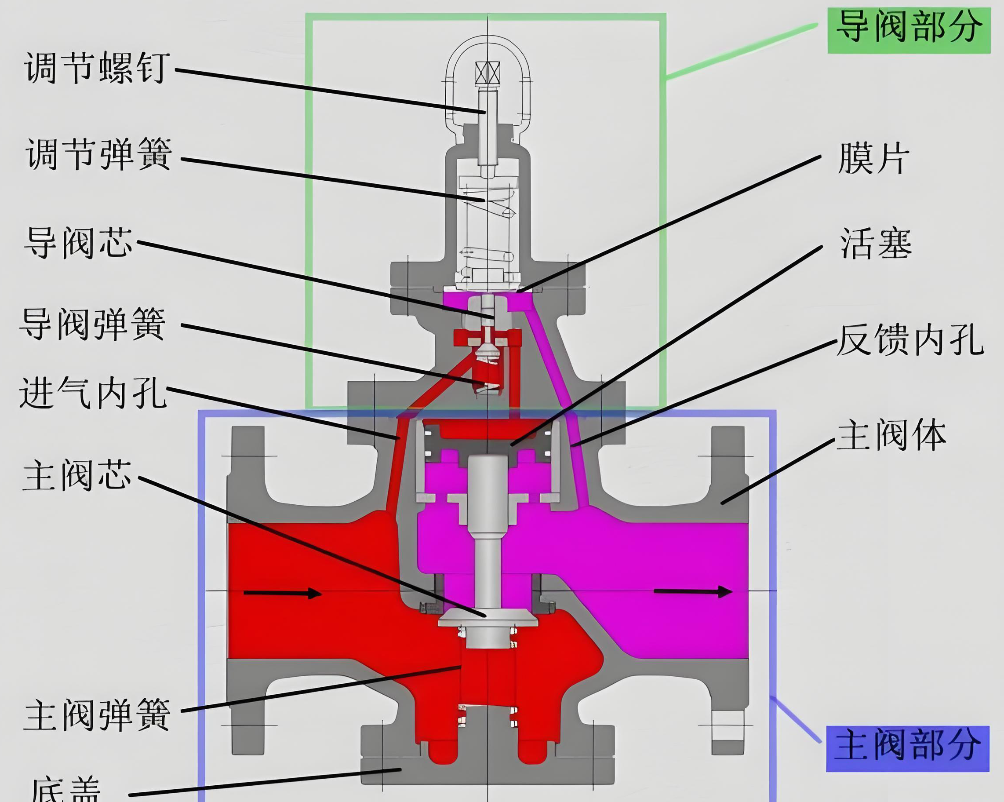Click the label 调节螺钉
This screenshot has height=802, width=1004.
pos(95,68)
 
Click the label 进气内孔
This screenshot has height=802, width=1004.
pos(93,393)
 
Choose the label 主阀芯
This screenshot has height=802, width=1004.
pos(77,475)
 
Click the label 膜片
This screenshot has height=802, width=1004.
pos(873,158)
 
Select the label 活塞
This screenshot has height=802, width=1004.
pos(876,244)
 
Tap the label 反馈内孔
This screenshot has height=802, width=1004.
pos(910,340)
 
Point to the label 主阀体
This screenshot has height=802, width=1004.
pos(891,435)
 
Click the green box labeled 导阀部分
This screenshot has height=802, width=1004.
pos(908,27)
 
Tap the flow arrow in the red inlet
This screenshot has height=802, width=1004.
pos(282,593)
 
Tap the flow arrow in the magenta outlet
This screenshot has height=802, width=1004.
pos(693,591)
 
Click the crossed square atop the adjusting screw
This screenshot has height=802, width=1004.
pos(487,73)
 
